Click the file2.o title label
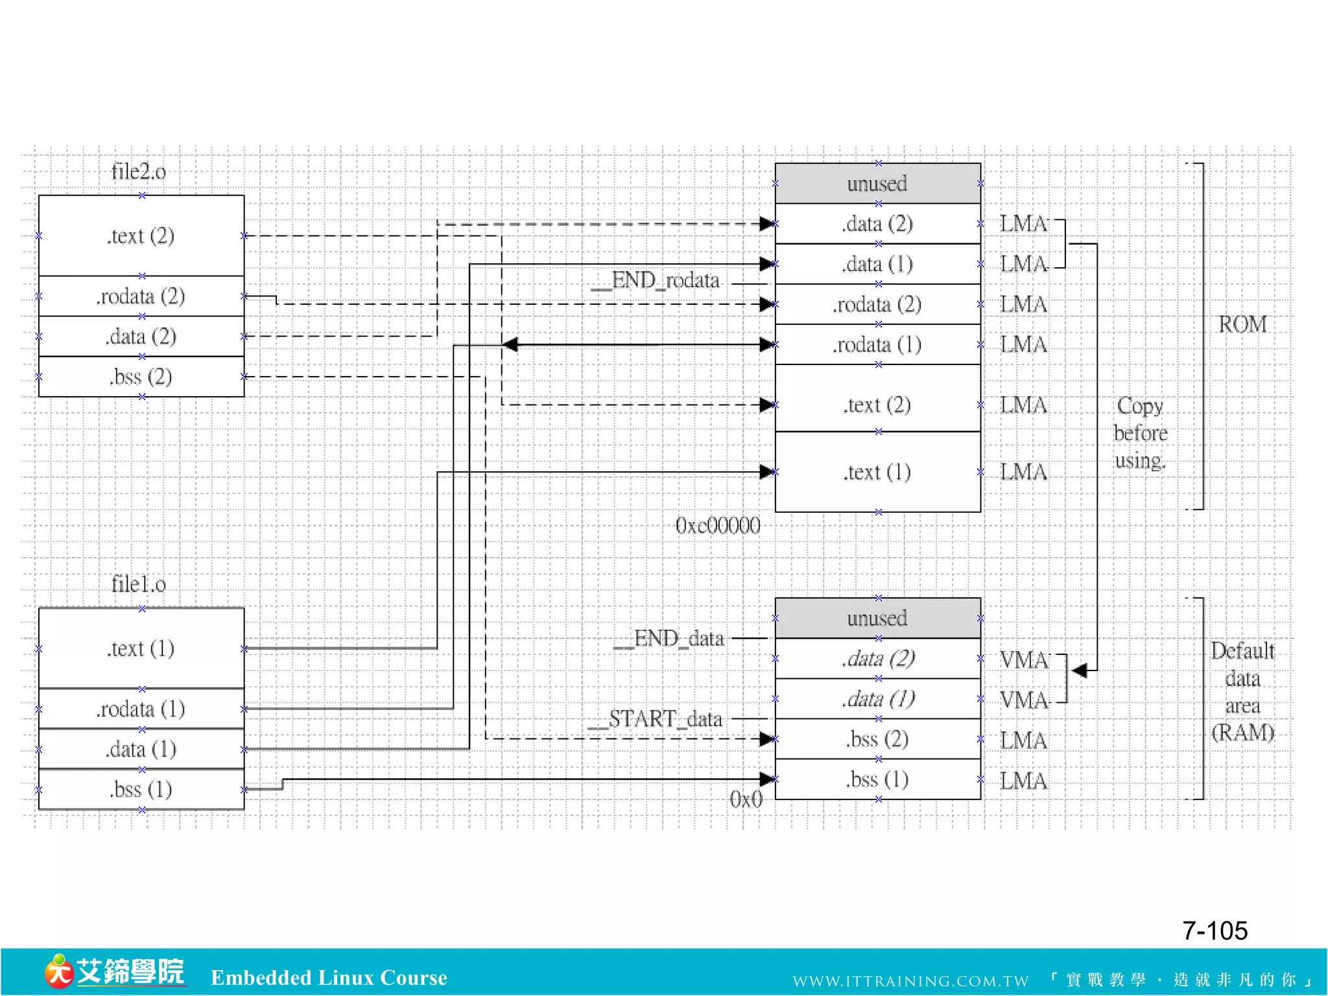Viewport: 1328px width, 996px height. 138,172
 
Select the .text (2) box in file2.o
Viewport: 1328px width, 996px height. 141,235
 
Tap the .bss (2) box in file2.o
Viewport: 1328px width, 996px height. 141,377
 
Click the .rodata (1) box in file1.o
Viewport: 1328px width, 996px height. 141,709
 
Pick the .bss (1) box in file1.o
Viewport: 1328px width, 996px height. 141,789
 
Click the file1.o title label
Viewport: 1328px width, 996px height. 138,584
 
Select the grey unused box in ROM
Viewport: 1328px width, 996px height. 877,184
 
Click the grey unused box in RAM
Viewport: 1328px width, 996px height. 877,618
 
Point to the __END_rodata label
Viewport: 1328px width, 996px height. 656,281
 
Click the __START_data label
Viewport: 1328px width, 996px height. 656,719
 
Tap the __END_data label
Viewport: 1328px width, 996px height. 669,639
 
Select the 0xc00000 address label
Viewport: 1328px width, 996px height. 718,525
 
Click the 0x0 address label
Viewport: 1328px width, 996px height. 746,799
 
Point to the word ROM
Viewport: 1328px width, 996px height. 1242,324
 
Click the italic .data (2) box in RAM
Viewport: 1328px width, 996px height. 877,659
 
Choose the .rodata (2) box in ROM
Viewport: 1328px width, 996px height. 877,304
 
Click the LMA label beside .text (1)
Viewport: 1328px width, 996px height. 1023,472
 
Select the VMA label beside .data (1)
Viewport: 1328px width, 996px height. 1023,700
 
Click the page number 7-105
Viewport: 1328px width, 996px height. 1215,931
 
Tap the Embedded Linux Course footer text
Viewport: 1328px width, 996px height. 329,978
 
